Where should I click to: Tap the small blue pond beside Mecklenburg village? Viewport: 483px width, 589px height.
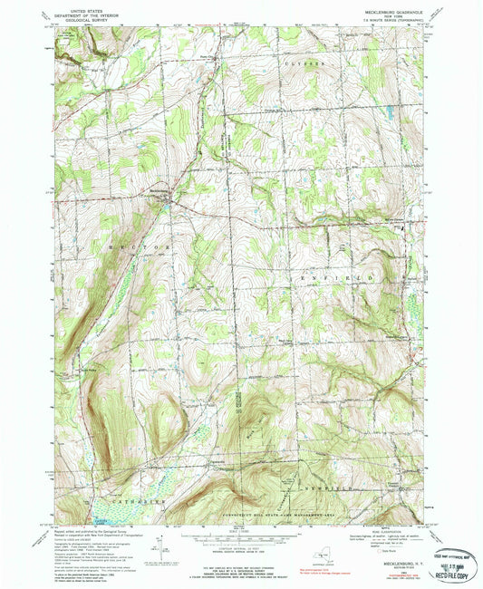point(167,203)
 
